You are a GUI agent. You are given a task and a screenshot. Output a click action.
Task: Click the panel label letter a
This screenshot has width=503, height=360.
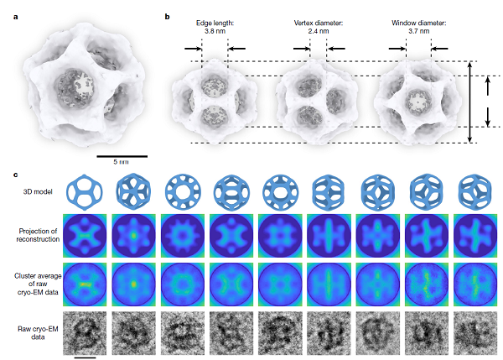click(x=16, y=17)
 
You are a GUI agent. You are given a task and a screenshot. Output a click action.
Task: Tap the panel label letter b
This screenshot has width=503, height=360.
click(x=167, y=17)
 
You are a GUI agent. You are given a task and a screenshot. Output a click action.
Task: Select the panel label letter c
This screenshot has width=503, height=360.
click(x=16, y=175)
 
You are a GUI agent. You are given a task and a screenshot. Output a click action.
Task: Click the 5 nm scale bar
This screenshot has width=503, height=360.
click(x=122, y=156)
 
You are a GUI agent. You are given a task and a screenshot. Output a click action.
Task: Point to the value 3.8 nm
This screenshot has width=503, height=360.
click(x=215, y=31)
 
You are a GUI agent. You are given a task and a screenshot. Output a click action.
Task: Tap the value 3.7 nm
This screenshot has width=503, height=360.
click(x=418, y=31)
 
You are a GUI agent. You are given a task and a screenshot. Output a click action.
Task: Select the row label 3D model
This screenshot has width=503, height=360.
click(x=38, y=191)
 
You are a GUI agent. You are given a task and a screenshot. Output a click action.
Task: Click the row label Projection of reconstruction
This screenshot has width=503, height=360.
click(x=38, y=235)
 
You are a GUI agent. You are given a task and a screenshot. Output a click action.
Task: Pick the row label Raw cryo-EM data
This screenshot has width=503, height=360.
click(x=38, y=332)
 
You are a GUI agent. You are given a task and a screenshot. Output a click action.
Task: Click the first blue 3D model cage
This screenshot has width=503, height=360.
click(x=85, y=192)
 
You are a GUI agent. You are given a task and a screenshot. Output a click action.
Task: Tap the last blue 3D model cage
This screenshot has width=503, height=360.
click(x=475, y=192)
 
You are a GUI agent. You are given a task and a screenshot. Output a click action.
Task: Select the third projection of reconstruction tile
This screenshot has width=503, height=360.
click(x=182, y=236)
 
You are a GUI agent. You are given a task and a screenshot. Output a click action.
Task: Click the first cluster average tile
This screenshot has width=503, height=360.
click(x=85, y=284)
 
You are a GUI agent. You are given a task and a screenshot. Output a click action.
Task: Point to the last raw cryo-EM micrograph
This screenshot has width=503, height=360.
click(x=475, y=333)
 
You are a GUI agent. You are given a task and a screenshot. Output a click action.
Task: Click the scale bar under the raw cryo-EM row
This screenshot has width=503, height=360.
click(x=85, y=357)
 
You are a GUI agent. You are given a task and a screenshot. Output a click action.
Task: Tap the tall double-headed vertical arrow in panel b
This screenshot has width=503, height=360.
click(x=469, y=102)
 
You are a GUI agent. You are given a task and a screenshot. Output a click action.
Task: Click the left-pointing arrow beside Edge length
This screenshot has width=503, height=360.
click(x=236, y=49)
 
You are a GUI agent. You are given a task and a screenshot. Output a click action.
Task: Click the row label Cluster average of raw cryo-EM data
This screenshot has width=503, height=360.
click(x=38, y=284)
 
